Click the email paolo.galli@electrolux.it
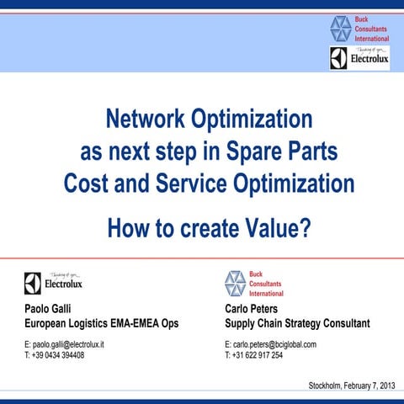point(64,345)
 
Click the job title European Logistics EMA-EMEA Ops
point(101,323)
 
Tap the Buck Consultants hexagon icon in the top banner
point(341,29)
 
